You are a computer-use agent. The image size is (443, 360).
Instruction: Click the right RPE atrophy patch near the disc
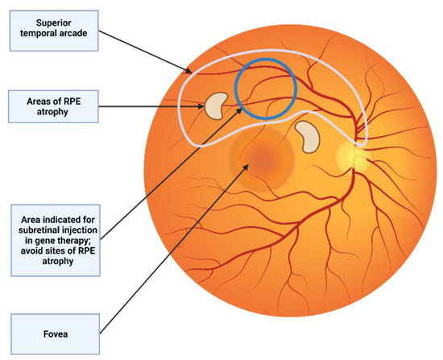coord(307,137)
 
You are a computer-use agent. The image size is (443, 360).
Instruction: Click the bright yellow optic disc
coord(351,154)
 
